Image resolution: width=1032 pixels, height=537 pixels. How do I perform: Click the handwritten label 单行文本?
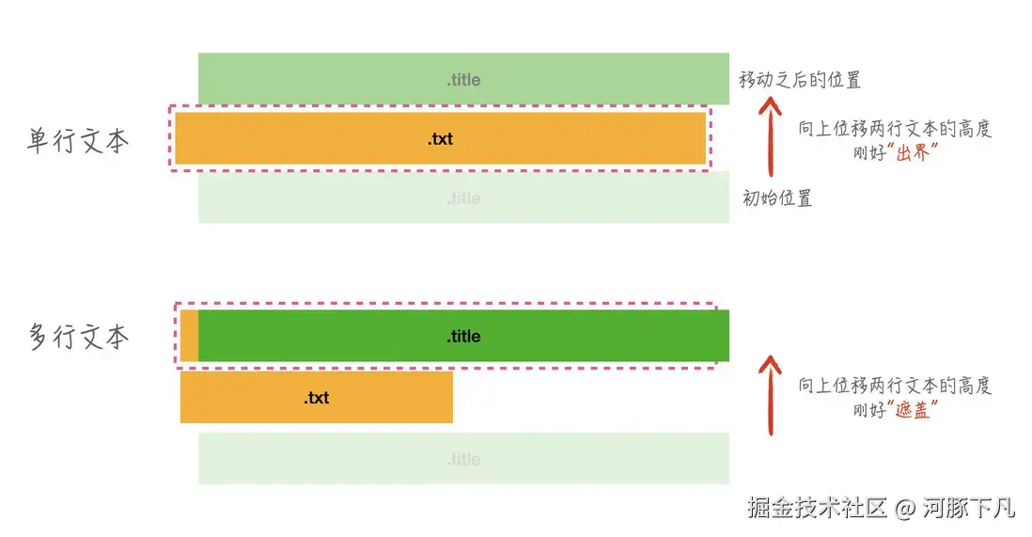[78, 140]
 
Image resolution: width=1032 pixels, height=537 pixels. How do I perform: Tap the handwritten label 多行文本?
[78, 337]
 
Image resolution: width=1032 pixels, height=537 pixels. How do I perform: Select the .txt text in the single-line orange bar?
[440, 139]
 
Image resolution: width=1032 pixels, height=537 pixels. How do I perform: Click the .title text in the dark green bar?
[463, 336]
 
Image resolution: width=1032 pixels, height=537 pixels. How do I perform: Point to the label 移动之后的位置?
[800, 80]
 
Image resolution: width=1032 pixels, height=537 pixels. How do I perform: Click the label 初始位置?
[777, 198]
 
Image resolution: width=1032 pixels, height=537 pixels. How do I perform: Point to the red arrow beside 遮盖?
[771, 395]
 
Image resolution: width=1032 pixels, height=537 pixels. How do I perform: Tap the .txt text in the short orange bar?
[316, 398]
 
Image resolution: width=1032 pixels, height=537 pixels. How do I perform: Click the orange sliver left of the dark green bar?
[189, 336]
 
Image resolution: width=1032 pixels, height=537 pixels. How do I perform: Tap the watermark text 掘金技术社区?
[818, 509]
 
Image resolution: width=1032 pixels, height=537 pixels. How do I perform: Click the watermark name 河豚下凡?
[969, 509]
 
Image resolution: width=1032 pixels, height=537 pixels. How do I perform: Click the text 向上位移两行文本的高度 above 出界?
[895, 129]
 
